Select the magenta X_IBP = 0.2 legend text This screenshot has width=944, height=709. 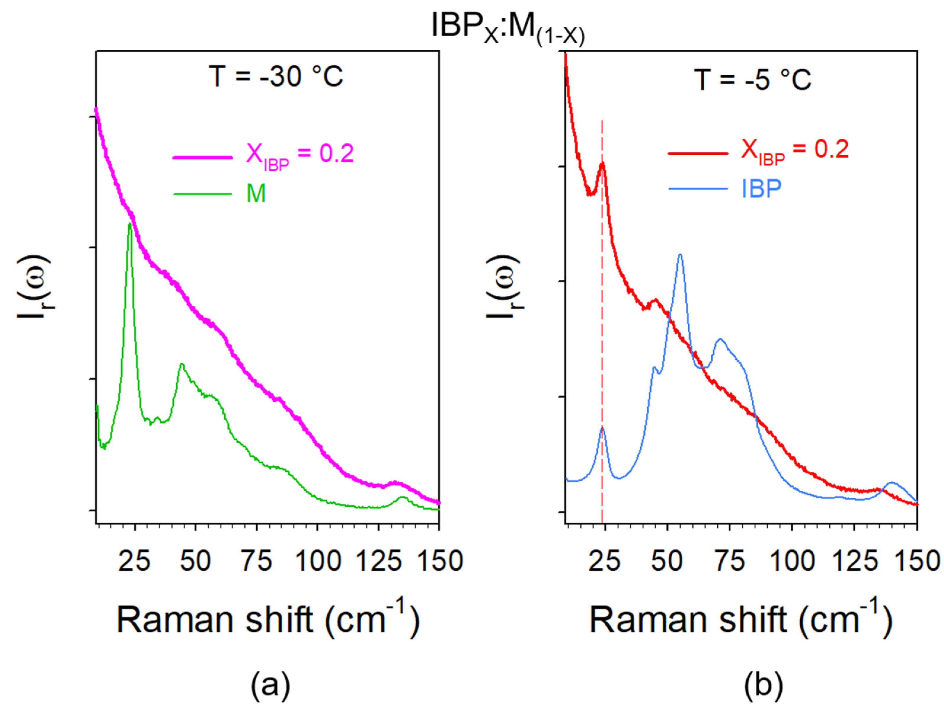pyautogui.click(x=300, y=155)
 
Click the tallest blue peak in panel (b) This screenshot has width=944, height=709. pyautogui.click(x=680, y=255)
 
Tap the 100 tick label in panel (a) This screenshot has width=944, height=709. pyautogui.click(x=318, y=561)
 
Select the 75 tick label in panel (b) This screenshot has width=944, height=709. pyautogui.click(x=730, y=561)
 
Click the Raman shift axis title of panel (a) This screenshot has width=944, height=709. pyautogui.click(x=268, y=620)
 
